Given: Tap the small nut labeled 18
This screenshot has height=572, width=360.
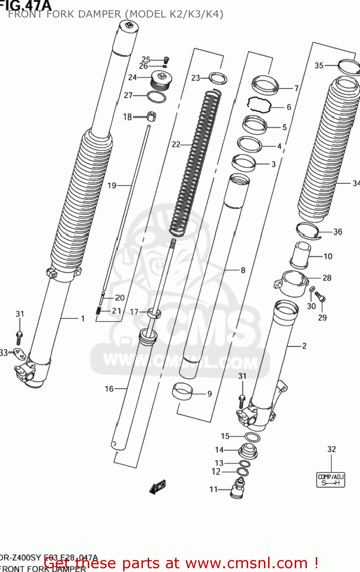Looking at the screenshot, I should click(x=152, y=116).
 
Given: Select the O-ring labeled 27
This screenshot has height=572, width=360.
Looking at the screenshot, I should click(x=156, y=97).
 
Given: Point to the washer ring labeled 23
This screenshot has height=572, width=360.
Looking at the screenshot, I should click(x=218, y=78).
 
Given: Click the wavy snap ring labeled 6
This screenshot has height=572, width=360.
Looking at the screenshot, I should click(x=260, y=104).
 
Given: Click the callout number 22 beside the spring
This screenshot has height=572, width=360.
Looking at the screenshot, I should click(x=176, y=145).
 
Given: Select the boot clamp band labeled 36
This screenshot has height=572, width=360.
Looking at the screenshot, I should click(x=307, y=230).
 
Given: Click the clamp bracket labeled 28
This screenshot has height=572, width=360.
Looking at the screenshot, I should click(x=292, y=283).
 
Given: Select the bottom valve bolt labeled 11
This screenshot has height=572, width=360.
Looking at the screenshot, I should click(x=239, y=488).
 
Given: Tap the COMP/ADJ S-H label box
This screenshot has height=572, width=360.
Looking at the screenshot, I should click(x=331, y=480).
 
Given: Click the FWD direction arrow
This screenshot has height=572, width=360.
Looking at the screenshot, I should click(x=158, y=487).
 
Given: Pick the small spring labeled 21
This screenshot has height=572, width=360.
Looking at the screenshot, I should click(x=98, y=311).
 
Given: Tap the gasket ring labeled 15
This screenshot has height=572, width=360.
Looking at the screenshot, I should click(x=252, y=437).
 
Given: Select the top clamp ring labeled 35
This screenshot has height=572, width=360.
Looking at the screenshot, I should click(x=349, y=67).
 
